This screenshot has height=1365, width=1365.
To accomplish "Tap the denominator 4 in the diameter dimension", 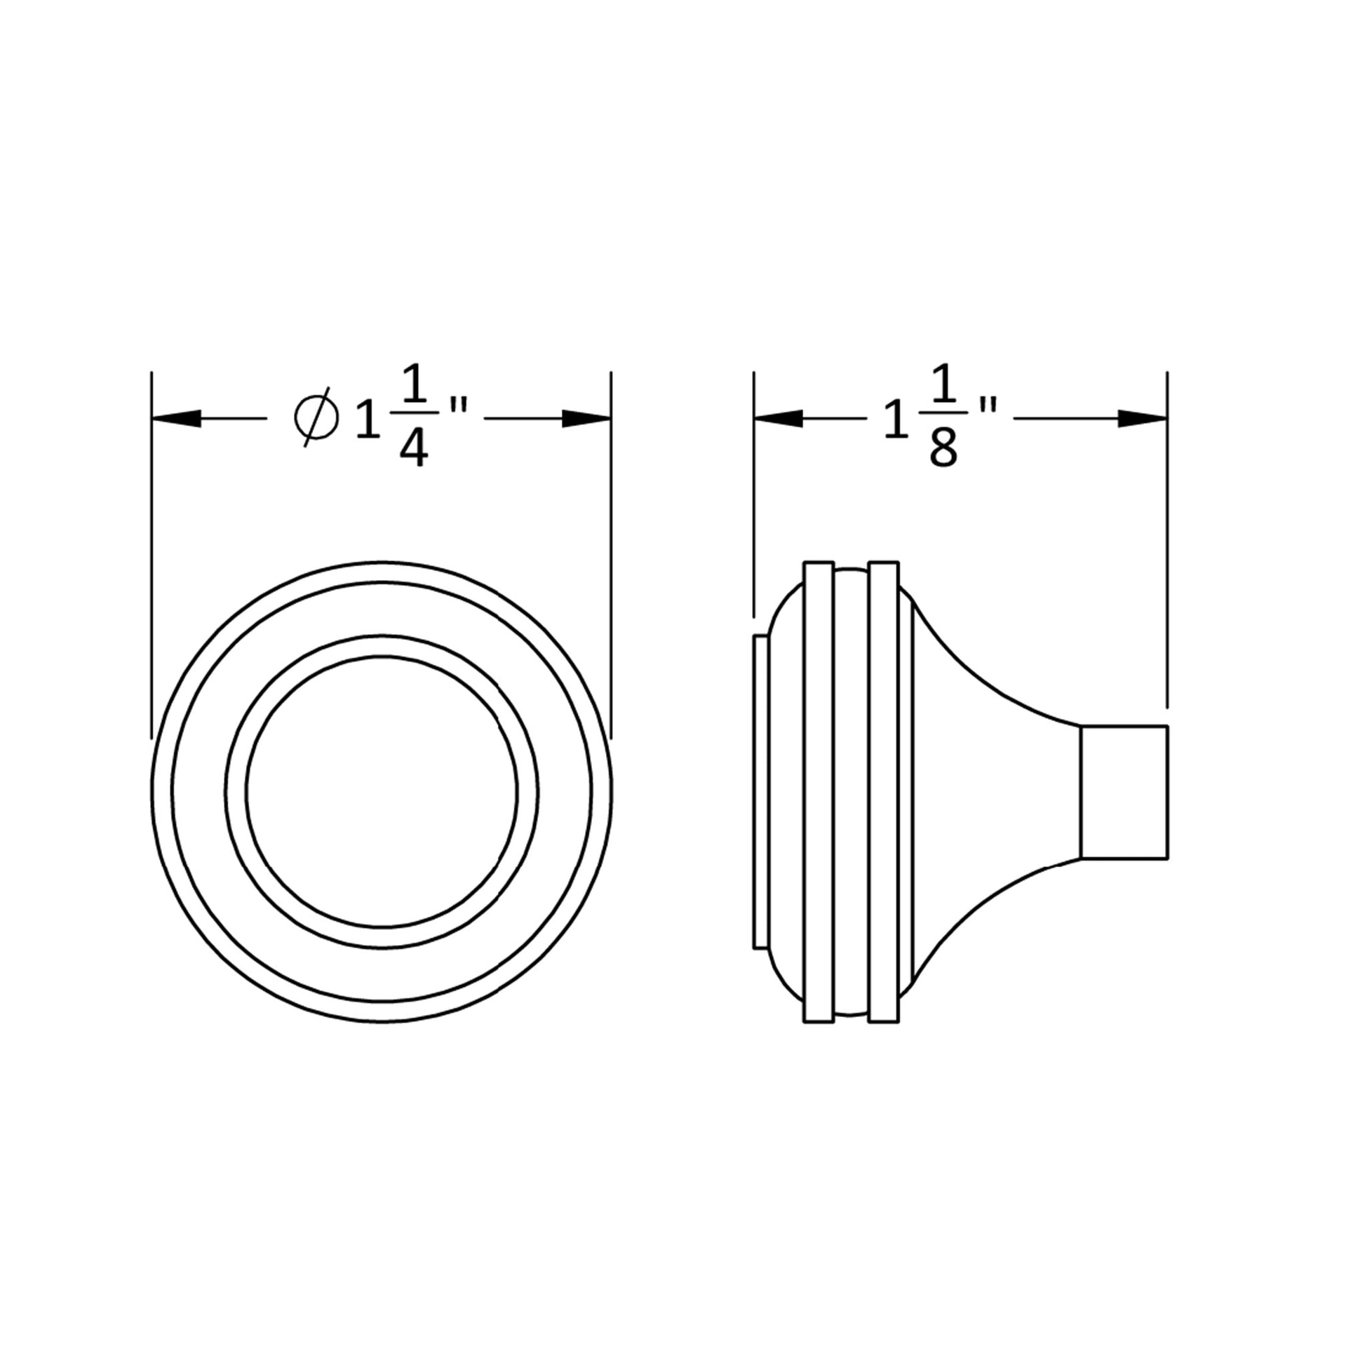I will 413,450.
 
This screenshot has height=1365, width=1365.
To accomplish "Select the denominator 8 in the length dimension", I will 943,450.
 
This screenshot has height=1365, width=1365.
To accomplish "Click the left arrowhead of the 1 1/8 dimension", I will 778,418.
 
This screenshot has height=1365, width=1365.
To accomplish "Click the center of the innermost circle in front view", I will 382,791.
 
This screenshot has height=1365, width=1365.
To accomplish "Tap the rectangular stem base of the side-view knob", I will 1124,792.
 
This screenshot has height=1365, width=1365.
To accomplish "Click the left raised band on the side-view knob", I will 819,791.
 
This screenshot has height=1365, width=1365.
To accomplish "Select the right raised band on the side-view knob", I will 884,791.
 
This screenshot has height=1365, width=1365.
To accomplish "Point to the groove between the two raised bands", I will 852,791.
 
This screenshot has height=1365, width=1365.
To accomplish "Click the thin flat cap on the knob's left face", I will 761,791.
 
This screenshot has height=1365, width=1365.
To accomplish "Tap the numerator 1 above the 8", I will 944,384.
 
